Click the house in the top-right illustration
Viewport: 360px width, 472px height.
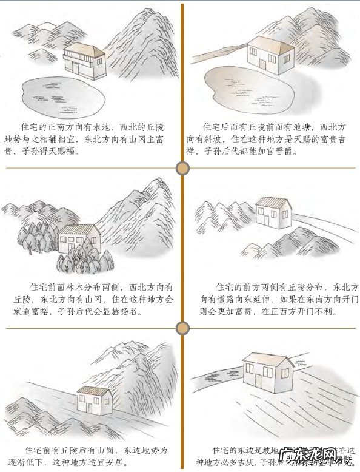pos(269,56)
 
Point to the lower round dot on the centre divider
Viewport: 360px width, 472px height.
pos(182,328)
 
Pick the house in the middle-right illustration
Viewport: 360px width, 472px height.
pos(273,213)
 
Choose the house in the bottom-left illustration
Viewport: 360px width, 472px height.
pos(95,400)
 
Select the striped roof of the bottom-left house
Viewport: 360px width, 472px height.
pos(95,390)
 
